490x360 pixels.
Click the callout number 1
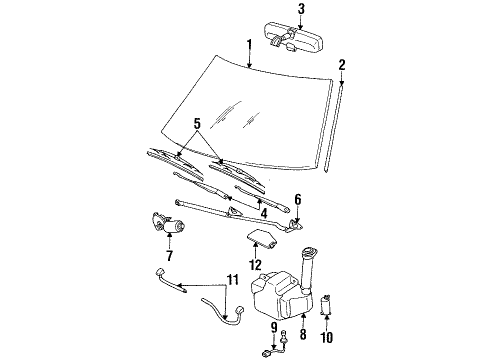click(x=249, y=44)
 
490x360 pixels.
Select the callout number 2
click(x=342, y=65)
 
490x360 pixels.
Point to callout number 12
click(x=256, y=264)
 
